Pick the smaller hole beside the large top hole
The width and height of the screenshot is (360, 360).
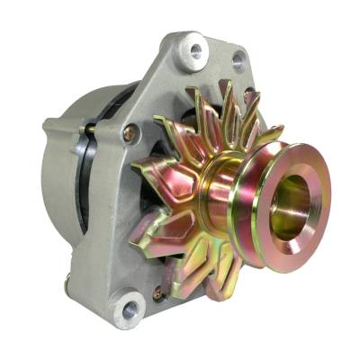(x=238, y=62)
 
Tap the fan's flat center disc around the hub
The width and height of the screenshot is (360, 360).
(x=193, y=193)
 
